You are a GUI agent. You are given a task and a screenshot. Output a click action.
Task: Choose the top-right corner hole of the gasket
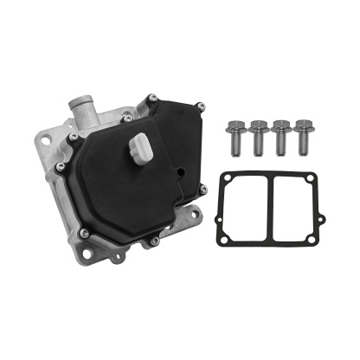coord(321,174)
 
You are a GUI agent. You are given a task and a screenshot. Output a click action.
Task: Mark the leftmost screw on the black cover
coord(59,165)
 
